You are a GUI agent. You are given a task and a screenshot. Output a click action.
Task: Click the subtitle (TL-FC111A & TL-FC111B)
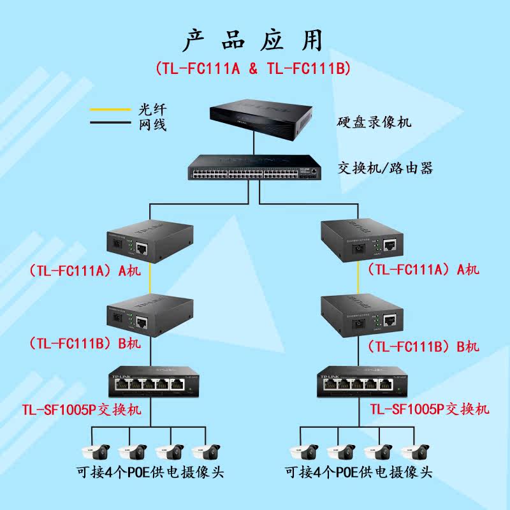(x=253, y=68)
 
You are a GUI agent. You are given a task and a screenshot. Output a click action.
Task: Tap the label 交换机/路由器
(x=386, y=168)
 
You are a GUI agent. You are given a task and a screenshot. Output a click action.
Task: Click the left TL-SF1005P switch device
(x=150, y=382)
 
